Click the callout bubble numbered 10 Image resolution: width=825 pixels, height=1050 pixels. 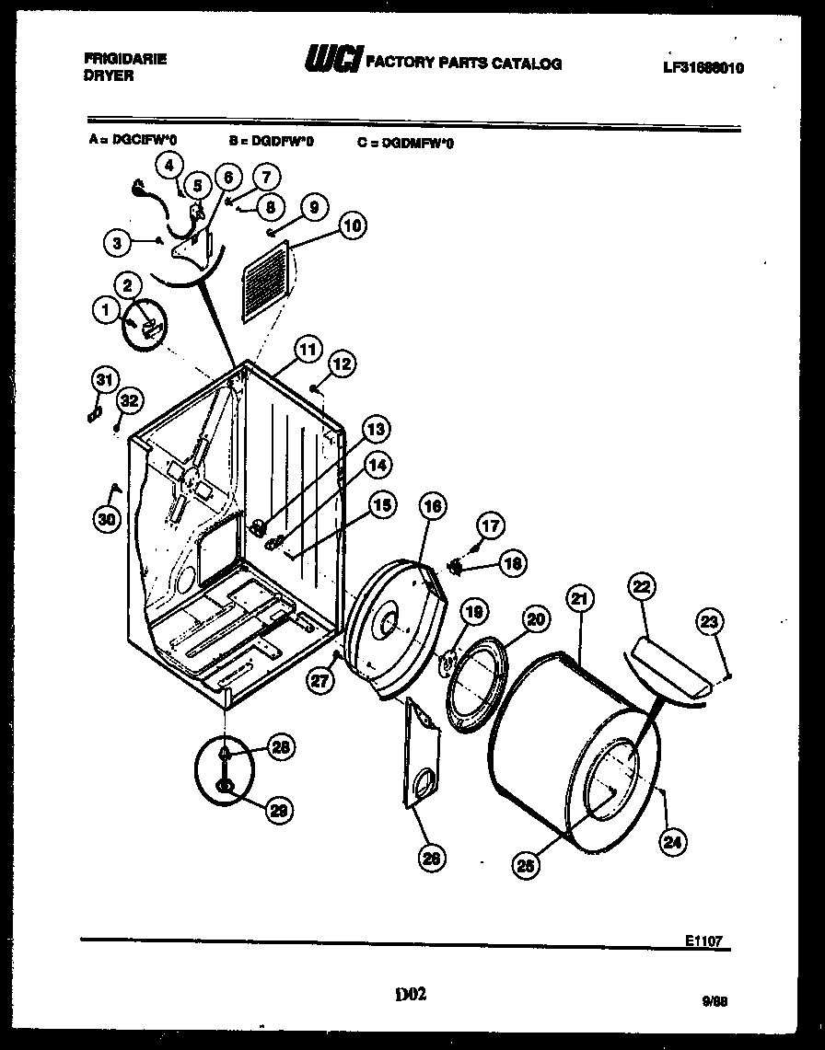tap(353, 225)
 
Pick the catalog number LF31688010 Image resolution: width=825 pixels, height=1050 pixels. tap(702, 68)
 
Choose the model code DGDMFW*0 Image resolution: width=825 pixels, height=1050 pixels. tap(404, 143)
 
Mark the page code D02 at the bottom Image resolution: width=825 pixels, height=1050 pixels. tap(411, 994)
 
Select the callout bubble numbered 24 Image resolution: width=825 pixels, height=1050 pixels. tap(674, 839)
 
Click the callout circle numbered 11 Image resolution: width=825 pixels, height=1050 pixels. tap(307, 350)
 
